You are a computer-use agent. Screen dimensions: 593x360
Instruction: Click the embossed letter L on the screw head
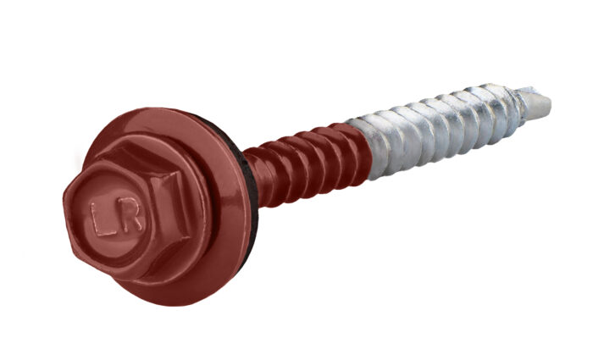103,219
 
